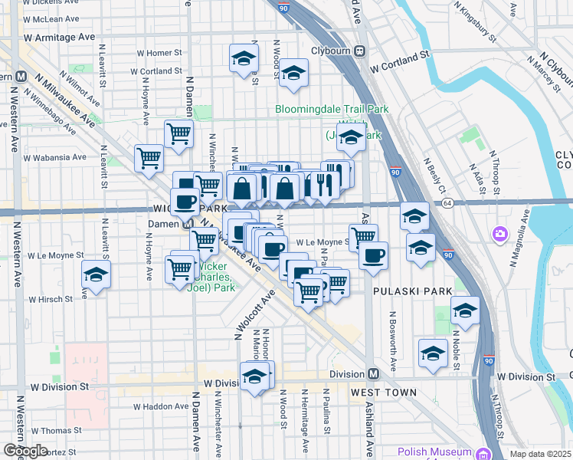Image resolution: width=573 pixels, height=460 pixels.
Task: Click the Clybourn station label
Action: pos(330,51)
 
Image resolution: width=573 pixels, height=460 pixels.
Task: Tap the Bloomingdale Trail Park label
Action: pos(332,109)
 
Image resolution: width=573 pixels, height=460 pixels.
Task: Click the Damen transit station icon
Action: pos(188,225)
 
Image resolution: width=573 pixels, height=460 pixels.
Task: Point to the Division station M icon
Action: pos(373,374)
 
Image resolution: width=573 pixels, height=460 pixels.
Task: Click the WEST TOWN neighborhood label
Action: pos(384,393)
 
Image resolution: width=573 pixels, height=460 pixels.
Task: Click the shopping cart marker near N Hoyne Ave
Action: pos(149,158)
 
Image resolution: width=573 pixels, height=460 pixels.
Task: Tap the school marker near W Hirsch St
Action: pos(96,274)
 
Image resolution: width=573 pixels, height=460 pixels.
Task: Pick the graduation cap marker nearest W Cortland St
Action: pos(292,72)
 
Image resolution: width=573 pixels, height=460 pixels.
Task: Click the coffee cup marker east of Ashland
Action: pos(373,255)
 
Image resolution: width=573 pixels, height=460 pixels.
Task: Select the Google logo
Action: pos(25,451)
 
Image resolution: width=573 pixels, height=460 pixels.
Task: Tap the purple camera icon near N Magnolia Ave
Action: pos(500,233)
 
